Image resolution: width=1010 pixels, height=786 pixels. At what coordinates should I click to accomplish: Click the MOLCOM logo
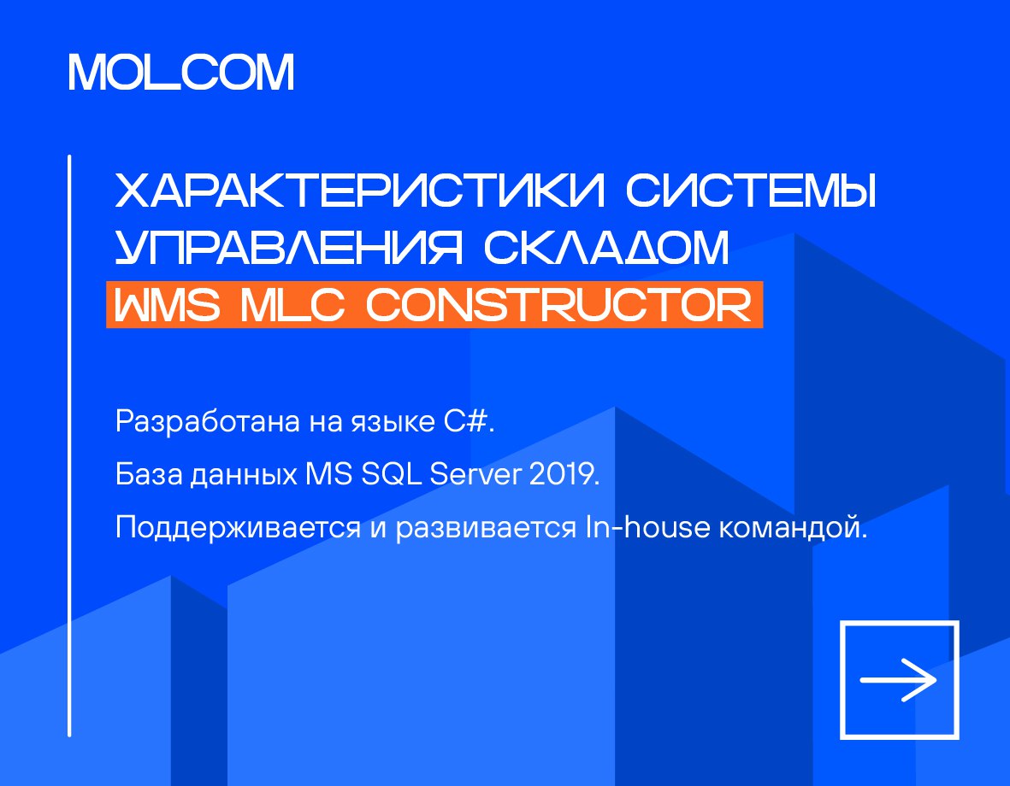(x=181, y=72)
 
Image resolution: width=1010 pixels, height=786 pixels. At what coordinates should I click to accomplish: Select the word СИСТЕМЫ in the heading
(x=751, y=190)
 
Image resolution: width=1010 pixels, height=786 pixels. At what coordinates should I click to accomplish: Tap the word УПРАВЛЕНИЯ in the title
(x=289, y=247)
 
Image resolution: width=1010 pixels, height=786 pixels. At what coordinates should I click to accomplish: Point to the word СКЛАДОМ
(x=607, y=247)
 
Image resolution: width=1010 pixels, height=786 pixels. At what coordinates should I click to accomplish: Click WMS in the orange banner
(x=167, y=304)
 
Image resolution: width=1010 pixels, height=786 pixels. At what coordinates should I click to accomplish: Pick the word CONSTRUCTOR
(x=558, y=304)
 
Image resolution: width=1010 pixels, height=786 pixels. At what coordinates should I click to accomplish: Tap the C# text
(x=469, y=422)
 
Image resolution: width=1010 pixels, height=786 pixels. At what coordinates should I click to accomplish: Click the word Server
(x=475, y=474)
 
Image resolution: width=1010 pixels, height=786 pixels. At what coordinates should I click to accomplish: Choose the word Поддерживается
(x=239, y=528)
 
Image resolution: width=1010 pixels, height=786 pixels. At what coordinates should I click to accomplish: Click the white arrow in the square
(x=898, y=680)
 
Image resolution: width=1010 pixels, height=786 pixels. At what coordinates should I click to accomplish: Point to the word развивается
(x=486, y=528)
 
